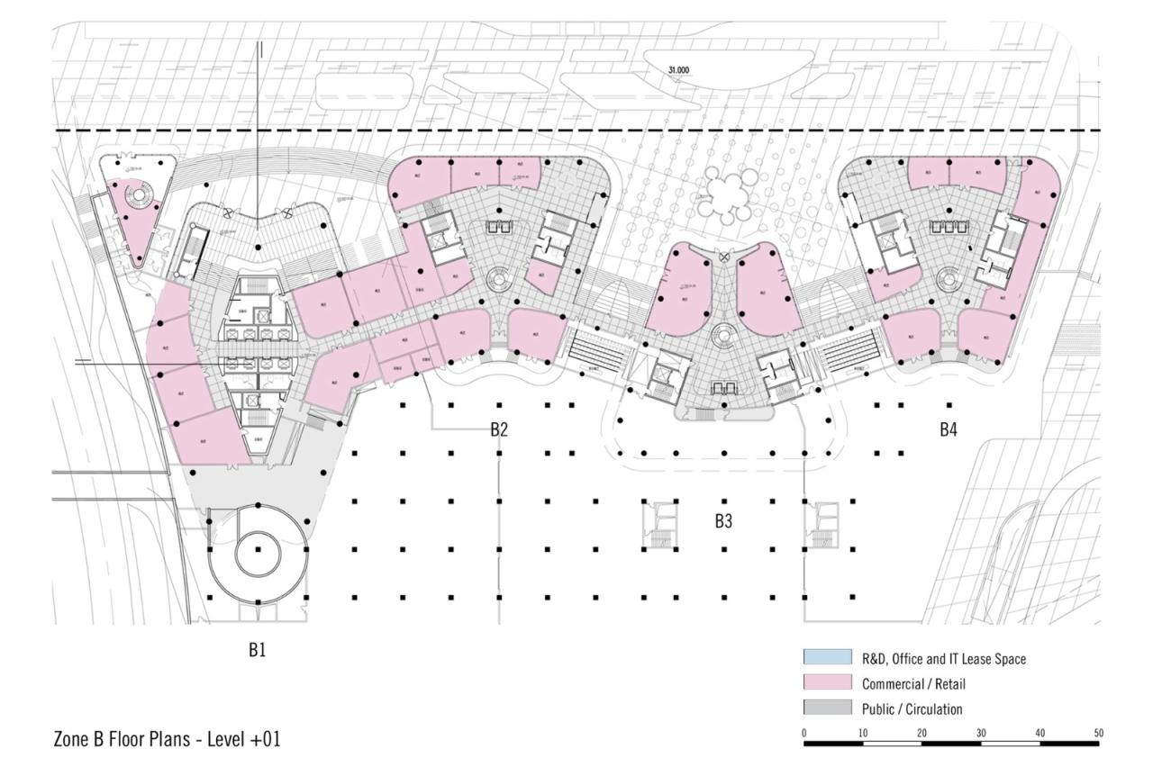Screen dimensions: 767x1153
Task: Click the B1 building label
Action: click(257, 650)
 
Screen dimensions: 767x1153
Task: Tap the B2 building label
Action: click(499, 429)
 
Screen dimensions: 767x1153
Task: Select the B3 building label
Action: click(723, 520)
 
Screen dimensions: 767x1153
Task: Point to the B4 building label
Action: click(948, 429)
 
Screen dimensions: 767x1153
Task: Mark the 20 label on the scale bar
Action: click(921, 734)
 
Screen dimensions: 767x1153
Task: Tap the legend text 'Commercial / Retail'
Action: click(913, 684)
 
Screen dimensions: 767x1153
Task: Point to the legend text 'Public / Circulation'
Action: click(912, 709)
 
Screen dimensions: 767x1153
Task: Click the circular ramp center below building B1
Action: click(259, 549)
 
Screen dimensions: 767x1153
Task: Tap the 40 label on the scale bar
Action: click(1040, 734)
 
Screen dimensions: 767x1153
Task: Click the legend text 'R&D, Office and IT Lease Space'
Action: click(943, 659)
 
